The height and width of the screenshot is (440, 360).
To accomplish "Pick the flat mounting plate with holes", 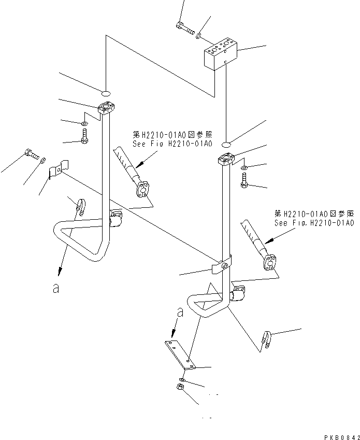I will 180,354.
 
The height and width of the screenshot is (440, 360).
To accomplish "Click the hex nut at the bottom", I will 180,387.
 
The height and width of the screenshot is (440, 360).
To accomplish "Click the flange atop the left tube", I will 106,109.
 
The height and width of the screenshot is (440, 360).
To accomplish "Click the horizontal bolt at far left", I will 31,153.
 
